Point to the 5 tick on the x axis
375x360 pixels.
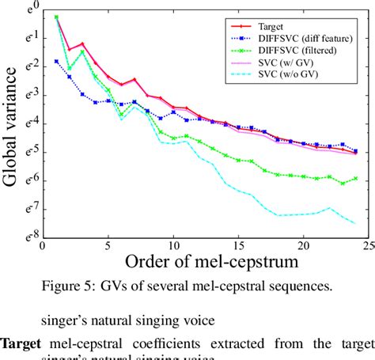click(x=108, y=246)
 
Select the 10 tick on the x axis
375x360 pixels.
click(x=173, y=246)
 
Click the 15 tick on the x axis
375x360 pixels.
click(x=238, y=246)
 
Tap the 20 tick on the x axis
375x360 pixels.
click(x=303, y=246)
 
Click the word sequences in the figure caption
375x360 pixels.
click(x=312, y=286)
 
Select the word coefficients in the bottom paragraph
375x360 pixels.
click(x=161, y=343)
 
